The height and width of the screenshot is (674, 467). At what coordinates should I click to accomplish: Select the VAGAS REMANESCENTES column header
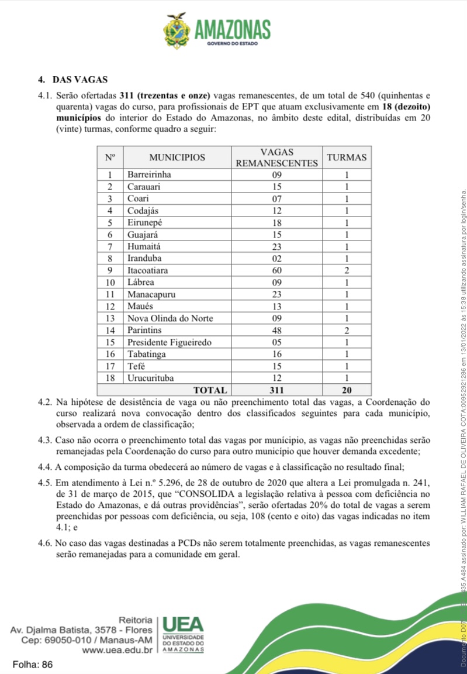pos(276,157)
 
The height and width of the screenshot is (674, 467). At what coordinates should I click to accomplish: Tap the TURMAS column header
pos(347,157)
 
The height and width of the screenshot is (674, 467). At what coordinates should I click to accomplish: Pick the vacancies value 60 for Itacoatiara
pos(276,270)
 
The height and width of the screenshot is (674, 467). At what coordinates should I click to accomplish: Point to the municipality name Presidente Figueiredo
pos(169,342)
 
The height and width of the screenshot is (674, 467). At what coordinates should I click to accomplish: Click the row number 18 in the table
pos(109,378)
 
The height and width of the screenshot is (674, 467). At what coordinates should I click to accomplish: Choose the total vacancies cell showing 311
pos(276,390)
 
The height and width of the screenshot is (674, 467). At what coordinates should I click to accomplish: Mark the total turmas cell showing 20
pos(347,390)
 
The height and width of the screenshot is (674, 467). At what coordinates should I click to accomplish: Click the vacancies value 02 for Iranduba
pos(276,258)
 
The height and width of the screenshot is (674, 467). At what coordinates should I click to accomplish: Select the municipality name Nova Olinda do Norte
pos(170,318)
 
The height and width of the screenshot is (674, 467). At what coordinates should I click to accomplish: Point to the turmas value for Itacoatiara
pos(347,270)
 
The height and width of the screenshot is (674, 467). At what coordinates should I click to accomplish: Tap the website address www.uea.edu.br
pos(117,649)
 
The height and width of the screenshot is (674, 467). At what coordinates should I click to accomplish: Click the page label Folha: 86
pos(33,665)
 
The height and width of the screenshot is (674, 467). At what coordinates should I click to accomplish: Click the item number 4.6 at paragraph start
pos(46,543)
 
